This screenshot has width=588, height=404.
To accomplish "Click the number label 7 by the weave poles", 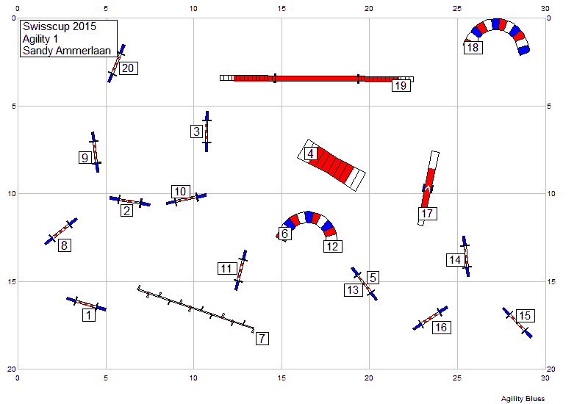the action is (x=262, y=339).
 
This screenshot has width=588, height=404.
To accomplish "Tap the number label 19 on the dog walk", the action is (x=401, y=85).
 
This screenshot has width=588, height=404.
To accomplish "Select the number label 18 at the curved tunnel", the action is (x=473, y=48).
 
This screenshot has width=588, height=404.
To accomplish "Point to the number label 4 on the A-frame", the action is (x=310, y=154).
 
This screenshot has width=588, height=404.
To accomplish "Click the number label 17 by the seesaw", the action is (x=428, y=214).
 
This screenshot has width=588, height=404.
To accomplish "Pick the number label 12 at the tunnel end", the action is (x=333, y=246).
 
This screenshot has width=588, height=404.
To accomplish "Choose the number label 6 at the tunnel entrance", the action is (x=284, y=234).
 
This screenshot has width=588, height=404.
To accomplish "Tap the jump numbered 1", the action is (x=86, y=304).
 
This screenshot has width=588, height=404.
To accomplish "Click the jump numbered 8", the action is (x=61, y=231).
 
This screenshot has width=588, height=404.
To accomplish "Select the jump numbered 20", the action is (x=116, y=63).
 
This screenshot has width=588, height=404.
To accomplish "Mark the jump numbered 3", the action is (x=207, y=131).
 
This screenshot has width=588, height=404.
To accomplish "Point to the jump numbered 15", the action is (x=517, y=322).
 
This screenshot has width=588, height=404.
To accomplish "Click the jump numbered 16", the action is (x=430, y=318).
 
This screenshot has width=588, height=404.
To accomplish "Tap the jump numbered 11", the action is (x=241, y=270).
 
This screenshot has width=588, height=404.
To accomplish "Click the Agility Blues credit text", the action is (x=523, y=399).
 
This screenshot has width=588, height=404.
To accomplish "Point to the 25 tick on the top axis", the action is (x=456, y=8).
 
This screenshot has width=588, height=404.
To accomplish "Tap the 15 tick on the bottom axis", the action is (x=282, y=378).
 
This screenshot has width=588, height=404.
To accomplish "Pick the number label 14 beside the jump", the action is (x=456, y=260).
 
